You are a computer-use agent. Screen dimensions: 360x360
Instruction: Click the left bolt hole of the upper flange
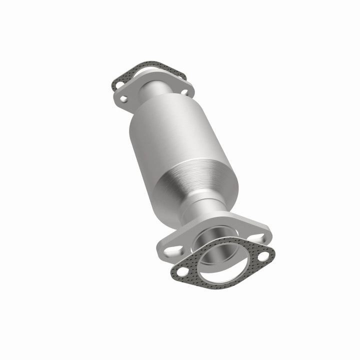pos(123,99)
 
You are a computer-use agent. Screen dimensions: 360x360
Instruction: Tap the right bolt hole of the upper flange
pos(184,92)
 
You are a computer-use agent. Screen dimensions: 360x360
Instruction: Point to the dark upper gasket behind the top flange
pos(150,67)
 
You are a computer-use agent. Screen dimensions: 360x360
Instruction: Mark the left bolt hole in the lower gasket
pos(183,270)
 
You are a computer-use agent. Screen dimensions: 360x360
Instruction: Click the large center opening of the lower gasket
pos(222,262)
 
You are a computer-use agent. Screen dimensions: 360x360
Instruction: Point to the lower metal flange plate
pos(235,227)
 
